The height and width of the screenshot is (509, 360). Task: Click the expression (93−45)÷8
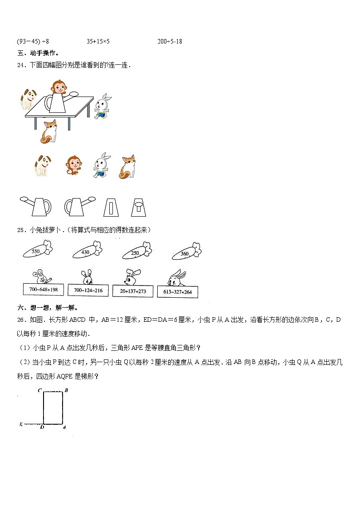33,41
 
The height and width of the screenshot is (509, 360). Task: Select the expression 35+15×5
98,41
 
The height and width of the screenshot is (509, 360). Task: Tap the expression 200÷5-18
170,41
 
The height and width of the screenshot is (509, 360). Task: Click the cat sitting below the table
49,131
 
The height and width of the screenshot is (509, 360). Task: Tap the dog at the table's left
29,98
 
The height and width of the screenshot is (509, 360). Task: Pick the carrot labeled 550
37,250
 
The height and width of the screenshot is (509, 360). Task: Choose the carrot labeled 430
86,251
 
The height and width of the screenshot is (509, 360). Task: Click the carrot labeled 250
136,252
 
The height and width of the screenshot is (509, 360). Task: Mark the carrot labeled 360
186,253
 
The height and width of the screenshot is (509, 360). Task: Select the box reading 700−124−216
88,291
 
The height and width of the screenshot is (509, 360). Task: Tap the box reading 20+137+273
133,291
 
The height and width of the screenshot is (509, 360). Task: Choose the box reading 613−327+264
177,292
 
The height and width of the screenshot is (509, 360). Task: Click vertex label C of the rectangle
40,390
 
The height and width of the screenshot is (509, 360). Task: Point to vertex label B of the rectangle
66,390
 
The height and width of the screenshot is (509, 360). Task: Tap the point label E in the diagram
21,424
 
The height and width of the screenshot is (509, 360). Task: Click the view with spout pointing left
35,206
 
